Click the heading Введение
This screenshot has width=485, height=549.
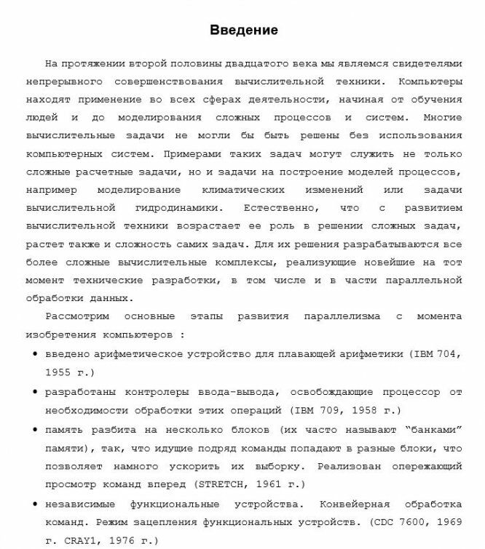[x=243, y=31]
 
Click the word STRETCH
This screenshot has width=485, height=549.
[x=221, y=484]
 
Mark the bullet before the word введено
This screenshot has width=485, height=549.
[x=36, y=354]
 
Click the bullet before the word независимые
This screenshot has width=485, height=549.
[x=36, y=504]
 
